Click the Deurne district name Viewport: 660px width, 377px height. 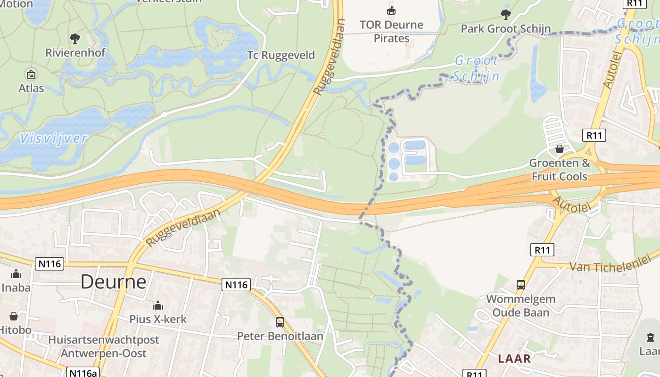pos(113,281)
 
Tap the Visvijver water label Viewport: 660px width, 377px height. pos(54,139)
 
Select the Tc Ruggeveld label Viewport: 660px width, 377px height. pos(281,55)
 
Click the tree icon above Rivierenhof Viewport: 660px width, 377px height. pos(74,39)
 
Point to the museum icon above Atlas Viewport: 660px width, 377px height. pos(31,74)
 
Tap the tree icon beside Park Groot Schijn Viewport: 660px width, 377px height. pos(506,15)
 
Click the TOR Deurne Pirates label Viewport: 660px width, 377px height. pos(391,31)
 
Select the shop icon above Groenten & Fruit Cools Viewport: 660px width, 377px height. pos(559,149)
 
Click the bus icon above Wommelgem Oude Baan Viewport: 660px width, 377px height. pos(520,285)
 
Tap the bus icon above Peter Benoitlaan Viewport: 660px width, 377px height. pos(280,322)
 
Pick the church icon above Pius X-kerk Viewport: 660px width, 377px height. pos(158,305)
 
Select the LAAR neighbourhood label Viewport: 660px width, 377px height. pos(514,359)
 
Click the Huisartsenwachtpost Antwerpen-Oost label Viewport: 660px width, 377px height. pos(104,346)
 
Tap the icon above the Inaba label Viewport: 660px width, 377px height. pos(16,274)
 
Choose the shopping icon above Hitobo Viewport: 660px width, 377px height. pos(14,316)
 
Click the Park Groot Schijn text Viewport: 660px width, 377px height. pos(505,29)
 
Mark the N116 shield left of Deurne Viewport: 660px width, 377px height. pos(49,263)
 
